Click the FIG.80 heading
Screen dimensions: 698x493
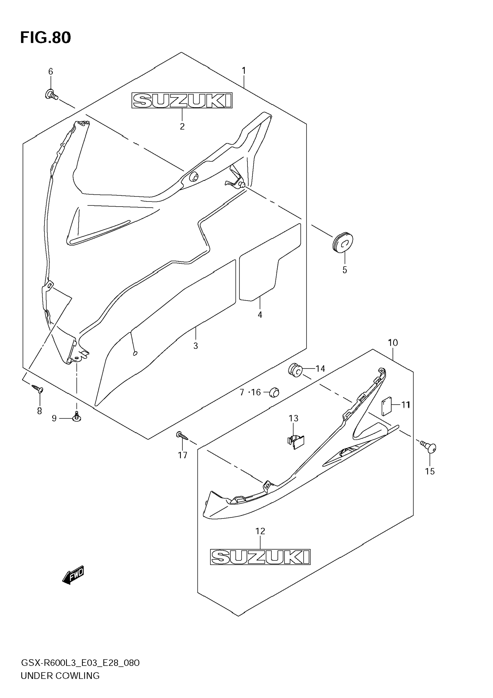[x=46, y=38]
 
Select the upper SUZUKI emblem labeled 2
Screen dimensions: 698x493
[x=182, y=101]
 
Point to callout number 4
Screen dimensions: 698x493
[x=260, y=315]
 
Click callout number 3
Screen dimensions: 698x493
[x=196, y=346]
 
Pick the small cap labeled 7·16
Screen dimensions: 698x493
[x=274, y=392]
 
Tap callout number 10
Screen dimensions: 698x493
[x=393, y=343]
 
